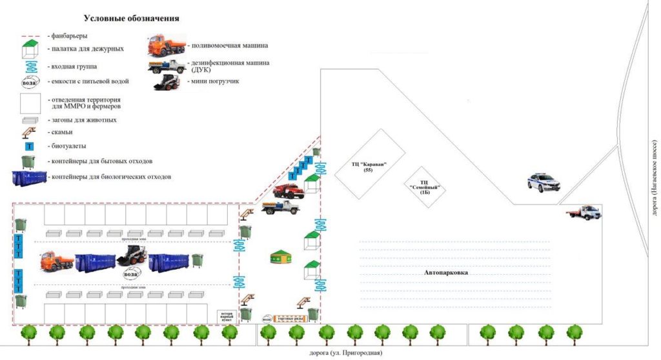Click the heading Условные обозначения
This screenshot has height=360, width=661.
point(132,19)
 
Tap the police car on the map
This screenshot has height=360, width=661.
point(543,183)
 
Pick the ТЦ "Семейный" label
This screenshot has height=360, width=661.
point(424,187)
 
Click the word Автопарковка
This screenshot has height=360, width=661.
point(446,273)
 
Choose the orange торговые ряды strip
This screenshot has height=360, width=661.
point(289,318)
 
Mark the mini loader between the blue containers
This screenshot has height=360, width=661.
point(129,256)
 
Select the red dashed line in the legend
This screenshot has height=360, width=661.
point(32,36)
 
